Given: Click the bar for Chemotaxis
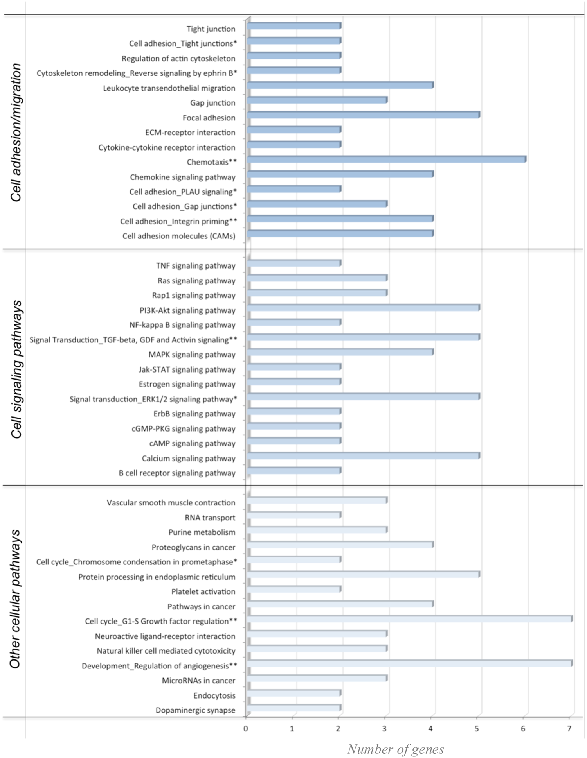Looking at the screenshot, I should [386, 159].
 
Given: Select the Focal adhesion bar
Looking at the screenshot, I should [363, 115].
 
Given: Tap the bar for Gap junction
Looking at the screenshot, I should [317, 100].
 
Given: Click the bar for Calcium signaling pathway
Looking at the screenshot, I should [363, 456].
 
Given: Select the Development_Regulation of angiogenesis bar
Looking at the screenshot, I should [409, 663].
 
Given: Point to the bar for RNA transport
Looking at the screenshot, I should [294, 515].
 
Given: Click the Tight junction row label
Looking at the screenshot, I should [211, 29].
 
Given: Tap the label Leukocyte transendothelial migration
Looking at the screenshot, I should [169, 88].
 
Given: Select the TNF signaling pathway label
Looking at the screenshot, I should [196, 266].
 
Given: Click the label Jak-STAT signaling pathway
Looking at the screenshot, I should [187, 369].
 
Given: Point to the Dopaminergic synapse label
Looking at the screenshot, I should [195, 710].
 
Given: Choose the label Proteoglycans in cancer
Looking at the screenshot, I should [193, 547].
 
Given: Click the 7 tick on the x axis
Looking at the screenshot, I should [569, 728].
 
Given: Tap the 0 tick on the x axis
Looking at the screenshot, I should [246, 728].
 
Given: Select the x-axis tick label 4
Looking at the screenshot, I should [430, 728].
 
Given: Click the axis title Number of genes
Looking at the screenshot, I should [395, 749].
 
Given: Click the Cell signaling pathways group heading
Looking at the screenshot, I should [16, 369].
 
